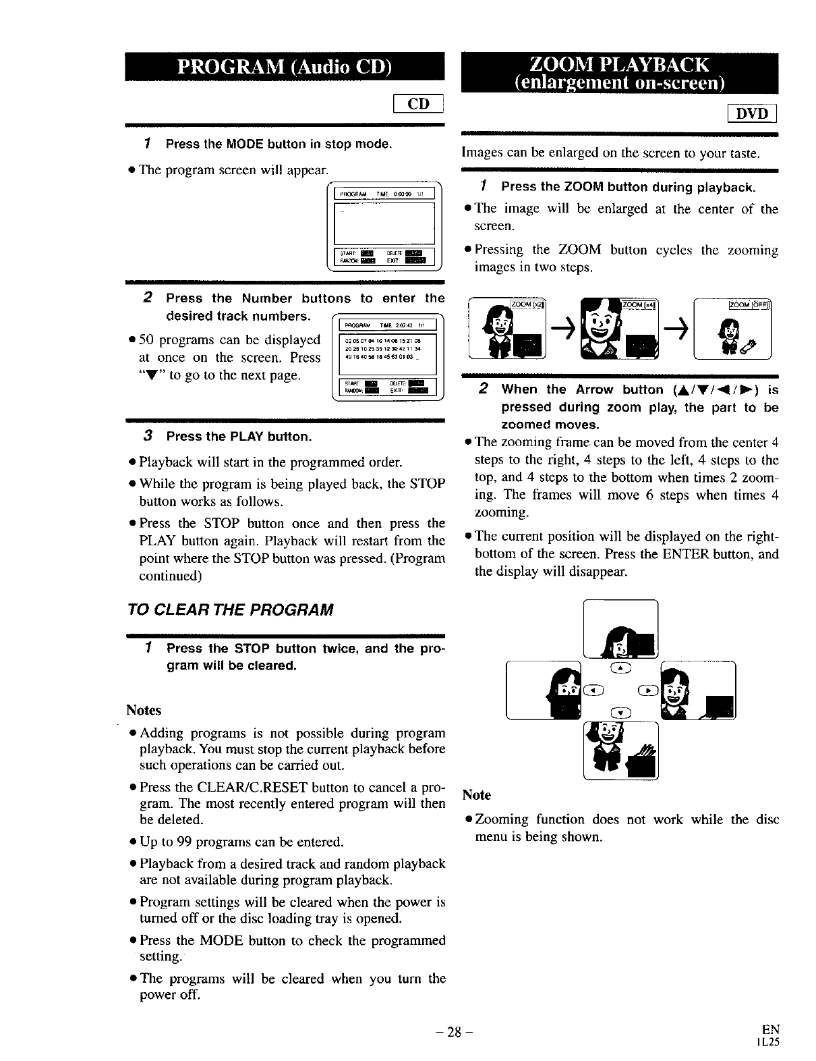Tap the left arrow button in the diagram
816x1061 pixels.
pyautogui.click(x=593, y=689)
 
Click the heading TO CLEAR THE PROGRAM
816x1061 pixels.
pyautogui.click(x=229, y=610)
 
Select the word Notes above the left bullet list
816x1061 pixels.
pyautogui.click(x=144, y=710)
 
